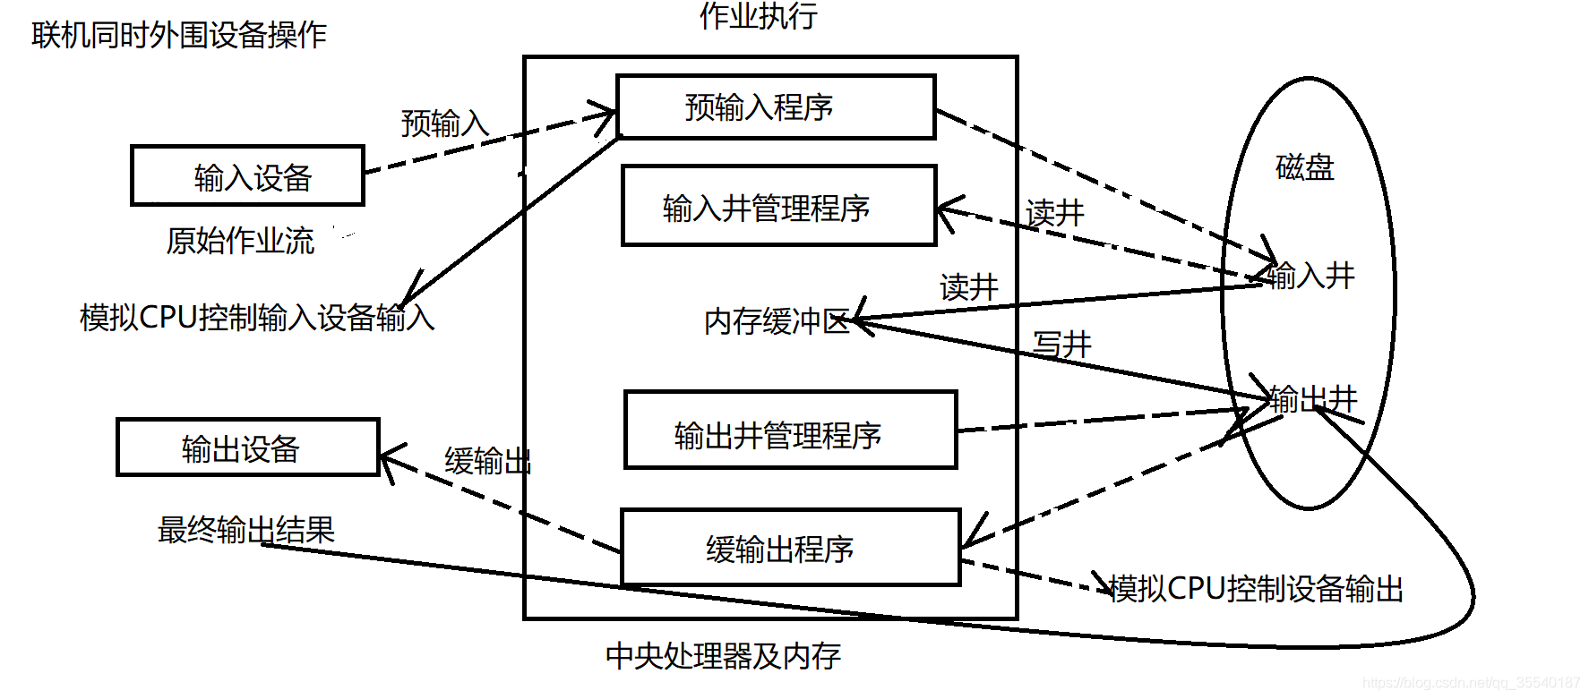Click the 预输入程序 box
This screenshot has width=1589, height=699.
[776, 107]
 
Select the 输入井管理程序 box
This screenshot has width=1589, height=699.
[777, 206]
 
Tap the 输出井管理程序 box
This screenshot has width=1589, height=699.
[789, 430]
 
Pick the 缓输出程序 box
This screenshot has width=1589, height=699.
[789, 547]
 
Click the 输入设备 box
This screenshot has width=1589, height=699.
[247, 176]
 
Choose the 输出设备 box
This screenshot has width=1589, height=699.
[247, 448]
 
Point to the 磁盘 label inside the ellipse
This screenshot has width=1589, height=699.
[1304, 167]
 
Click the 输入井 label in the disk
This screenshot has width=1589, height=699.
[1310, 275]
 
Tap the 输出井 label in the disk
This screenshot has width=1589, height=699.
[1313, 399]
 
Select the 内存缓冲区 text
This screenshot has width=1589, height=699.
[776, 320]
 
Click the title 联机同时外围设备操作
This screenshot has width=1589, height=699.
[179, 35]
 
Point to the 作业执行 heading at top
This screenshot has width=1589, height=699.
[758, 15]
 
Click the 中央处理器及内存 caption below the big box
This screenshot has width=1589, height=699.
[723, 656]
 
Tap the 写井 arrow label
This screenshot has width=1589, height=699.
[1061, 345]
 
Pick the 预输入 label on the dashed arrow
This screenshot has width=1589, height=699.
[445, 123]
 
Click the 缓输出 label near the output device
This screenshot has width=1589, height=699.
[488, 461]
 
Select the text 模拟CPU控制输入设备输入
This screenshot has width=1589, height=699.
[257, 318]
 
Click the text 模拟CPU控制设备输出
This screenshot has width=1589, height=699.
[1256, 588]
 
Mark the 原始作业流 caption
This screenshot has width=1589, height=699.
[240, 240]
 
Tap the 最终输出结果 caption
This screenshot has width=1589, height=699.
[246, 530]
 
